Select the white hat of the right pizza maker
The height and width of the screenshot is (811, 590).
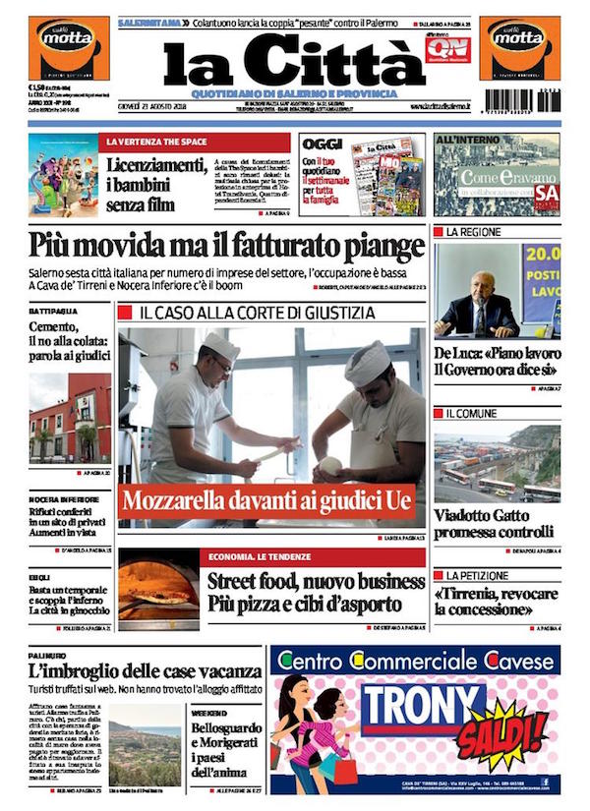(367, 362)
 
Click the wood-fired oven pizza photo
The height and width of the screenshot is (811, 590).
(157, 590)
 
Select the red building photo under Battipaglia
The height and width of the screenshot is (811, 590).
(69, 418)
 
